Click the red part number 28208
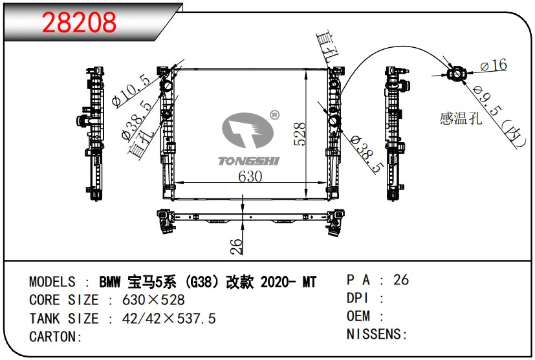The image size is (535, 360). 79,23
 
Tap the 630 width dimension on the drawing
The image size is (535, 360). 250,176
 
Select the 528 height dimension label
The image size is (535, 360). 300,134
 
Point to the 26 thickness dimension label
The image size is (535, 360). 236,246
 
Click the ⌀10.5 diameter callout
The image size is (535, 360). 131,90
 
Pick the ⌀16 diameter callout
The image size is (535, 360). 494,65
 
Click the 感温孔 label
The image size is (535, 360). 461,118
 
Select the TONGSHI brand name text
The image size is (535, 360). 248,161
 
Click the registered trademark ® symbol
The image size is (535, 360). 274,115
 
